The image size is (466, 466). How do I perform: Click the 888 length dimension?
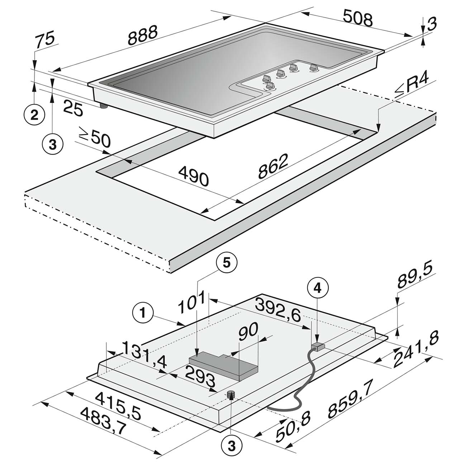coord(143,35)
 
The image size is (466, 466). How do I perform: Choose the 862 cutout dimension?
coord(273,166)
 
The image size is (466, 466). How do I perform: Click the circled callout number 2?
coord(34,115)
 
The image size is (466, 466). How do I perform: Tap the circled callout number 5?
coord(226,263)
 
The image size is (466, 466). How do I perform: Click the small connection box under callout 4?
coord(318,347)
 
